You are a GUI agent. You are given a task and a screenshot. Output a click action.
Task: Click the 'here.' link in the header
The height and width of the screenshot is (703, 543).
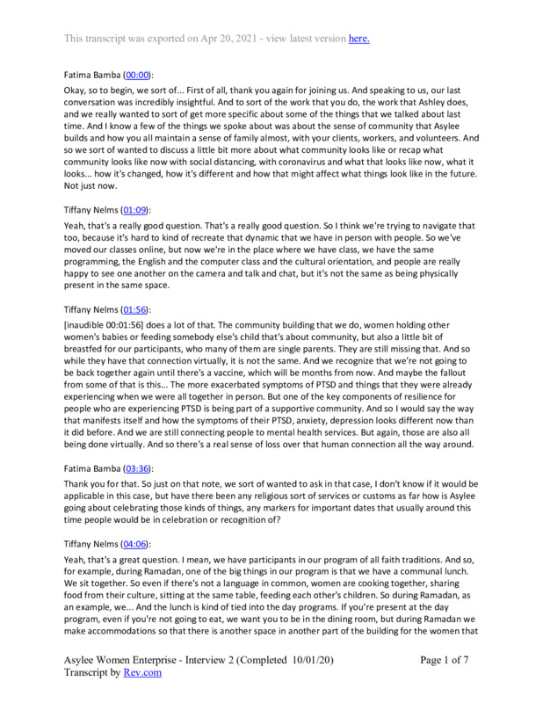pos(359,38)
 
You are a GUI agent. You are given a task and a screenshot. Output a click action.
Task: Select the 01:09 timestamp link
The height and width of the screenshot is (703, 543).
pos(135,210)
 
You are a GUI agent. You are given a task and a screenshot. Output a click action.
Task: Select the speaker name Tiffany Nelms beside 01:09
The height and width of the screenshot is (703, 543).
pos(91,210)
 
